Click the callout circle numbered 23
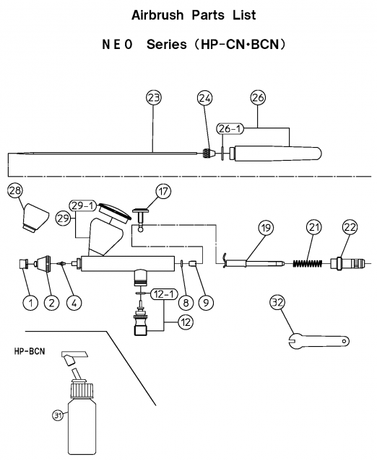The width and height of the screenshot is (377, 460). [154, 97]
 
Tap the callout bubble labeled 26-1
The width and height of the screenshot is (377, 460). [230, 129]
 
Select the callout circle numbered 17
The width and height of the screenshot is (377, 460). [163, 192]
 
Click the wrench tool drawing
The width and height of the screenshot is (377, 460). [318, 341]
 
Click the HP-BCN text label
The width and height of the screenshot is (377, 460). [30, 351]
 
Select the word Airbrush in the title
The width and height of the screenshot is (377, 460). [157, 15]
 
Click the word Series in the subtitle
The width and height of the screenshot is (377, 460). [167, 45]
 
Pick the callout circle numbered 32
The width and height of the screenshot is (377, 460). [277, 302]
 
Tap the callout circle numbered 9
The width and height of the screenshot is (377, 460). [206, 302]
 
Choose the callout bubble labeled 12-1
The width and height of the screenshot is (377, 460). [164, 294]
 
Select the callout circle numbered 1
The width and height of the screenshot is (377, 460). [31, 303]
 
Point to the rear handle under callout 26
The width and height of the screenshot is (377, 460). [276, 154]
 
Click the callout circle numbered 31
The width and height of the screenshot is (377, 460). [58, 415]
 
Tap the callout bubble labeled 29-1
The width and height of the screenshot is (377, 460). [83, 205]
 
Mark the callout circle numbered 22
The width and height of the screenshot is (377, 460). [350, 227]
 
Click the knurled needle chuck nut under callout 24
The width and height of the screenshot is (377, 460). [209, 153]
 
